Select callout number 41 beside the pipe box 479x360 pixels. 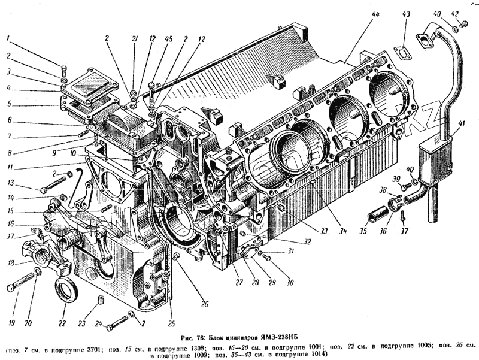pos(460,124)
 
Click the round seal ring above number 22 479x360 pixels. pos(65,289)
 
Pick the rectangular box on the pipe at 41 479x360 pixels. pos(432,158)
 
